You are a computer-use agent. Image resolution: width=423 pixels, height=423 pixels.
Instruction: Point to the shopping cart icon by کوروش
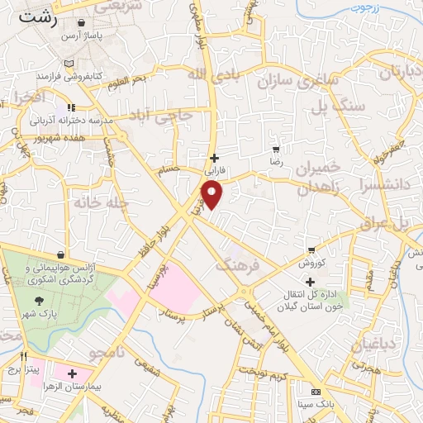(311, 250)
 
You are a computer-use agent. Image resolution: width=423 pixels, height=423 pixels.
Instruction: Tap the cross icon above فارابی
(214, 158)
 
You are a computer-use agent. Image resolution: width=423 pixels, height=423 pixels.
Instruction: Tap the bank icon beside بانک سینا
(314, 391)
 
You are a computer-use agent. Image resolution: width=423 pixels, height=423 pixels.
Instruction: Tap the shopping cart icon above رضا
(275, 150)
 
